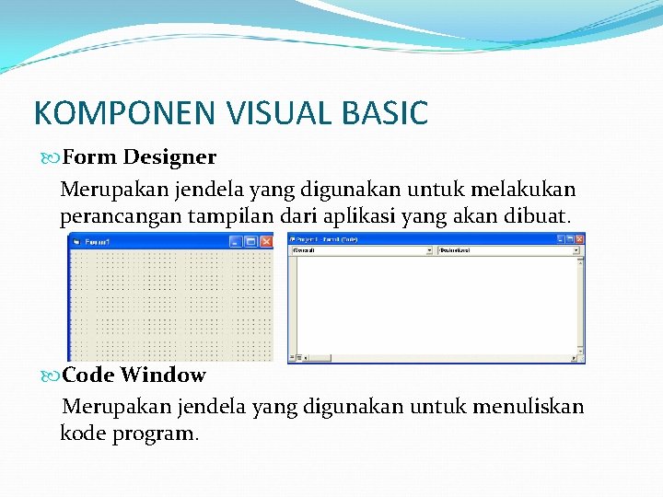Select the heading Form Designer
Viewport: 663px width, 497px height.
tap(139, 156)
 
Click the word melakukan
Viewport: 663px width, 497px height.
tap(523, 190)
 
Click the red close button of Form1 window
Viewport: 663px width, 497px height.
tap(266, 241)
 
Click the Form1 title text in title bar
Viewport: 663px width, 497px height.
tap(98, 241)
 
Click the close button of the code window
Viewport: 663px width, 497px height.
tap(579, 238)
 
